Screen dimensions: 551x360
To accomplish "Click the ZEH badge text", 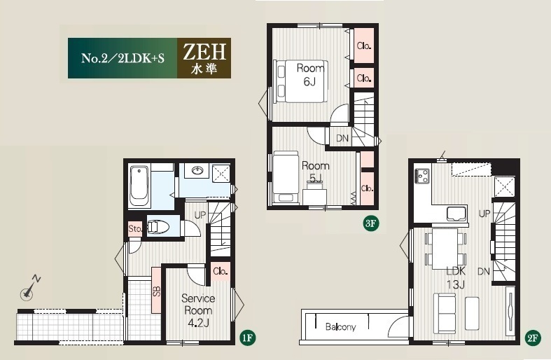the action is tap(204, 52).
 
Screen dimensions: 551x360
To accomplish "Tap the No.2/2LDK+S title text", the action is tap(123, 58).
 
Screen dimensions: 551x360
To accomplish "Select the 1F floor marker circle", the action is tap(246, 338).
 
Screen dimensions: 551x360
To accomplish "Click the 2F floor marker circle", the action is tap(532, 338).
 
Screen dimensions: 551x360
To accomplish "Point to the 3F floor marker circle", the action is tap(371, 223).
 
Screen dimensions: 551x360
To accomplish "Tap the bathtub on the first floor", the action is tap(140, 186).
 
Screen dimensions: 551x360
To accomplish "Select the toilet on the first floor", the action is tap(158, 227).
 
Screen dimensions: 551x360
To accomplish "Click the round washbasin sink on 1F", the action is tap(197, 171).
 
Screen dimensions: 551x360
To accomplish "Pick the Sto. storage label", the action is tap(135, 229).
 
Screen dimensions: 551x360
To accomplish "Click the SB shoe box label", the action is tap(156, 291).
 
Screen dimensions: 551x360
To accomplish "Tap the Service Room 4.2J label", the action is tap(198, 310).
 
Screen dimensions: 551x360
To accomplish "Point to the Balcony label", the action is tap(340, 327).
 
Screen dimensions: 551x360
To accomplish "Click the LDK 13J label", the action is tap(456, 277).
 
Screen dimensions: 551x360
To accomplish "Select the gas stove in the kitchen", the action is tap(422, 176).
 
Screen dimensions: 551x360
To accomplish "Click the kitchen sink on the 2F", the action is tap(456, 214).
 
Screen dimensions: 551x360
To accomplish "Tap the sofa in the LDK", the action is tap(445, 314).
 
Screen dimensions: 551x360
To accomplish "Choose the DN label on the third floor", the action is tap(342, 138).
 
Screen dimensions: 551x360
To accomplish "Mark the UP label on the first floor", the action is tap(200, 215).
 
